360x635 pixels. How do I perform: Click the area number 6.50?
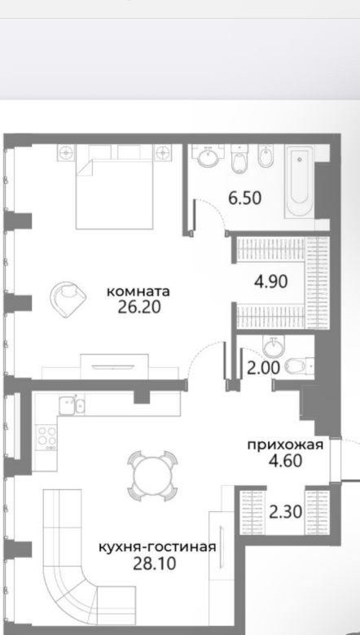click(245, 199)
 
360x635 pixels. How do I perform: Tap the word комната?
click(138, 291)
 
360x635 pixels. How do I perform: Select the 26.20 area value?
click(139, 308)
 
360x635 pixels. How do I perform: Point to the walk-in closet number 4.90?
click(271, 282)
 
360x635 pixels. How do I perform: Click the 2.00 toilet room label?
click(264, 369)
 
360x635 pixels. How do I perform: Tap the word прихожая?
click(286, 445)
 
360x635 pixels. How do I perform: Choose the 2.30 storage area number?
click(286, 512)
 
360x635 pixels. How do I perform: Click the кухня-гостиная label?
click(157, 548)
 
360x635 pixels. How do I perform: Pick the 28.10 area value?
click(155, 563)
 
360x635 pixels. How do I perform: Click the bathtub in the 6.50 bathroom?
click(300, 182)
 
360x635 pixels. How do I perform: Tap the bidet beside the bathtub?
click(266, 156)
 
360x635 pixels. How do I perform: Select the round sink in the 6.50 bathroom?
click(208, 155)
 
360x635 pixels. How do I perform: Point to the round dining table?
click(152, 475)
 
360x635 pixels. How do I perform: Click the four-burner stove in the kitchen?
click(46, 437)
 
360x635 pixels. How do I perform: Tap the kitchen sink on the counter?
click(72, 405)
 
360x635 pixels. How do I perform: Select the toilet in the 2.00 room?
click(299, 366)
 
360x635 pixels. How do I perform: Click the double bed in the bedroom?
click(114, 186)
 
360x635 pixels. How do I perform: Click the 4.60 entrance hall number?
click(286, 461)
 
